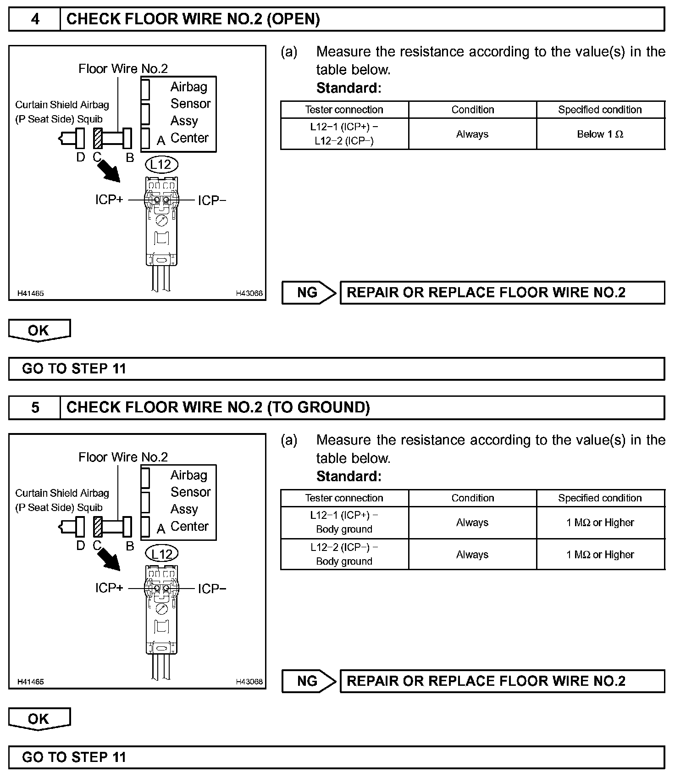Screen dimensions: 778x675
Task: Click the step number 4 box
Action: pyautogui.click(x=35, y=19)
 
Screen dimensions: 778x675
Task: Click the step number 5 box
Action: pyautogui.click(x=35, y=408)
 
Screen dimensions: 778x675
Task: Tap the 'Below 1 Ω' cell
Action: pyautogui.click(x=600, y=134)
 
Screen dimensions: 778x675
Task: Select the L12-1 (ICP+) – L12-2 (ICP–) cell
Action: pyautogui.click(x=344, y=134)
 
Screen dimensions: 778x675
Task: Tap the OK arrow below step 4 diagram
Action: pyautogui.click(x=39, y=330)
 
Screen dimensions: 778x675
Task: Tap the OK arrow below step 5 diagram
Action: pyautogui.click(x=39, y=719)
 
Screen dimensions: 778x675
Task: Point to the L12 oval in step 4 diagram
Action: pyautogui.click(x=161, y=165)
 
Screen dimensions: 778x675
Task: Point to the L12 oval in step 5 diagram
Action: pyautogui.click(x=161, y=554)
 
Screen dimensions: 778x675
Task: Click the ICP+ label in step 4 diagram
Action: pyautogui.click(x=109, y=200)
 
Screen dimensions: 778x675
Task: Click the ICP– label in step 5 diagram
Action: pyautogui.click(x=212, y=589)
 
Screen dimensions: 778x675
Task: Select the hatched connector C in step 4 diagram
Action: pyautogui.click(x=98, y=138)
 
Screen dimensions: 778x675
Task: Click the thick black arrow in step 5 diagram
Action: pyautogui.click(x=111, y=559)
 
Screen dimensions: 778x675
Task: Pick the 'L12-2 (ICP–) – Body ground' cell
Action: pyautogui.click(x=344, y=554)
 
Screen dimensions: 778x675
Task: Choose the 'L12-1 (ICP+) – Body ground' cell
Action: pyautogui.click(x=344, y=522)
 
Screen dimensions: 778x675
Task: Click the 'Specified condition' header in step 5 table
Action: pyautogui.click(x=600, y=498)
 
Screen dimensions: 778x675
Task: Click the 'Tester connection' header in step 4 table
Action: pyautogui.click(x=344, y=110)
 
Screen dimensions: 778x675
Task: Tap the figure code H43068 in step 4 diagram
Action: pyautogui.click(x=249, y=294)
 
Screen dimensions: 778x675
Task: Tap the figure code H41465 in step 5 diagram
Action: pyautogui.click(x=31, y=682)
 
